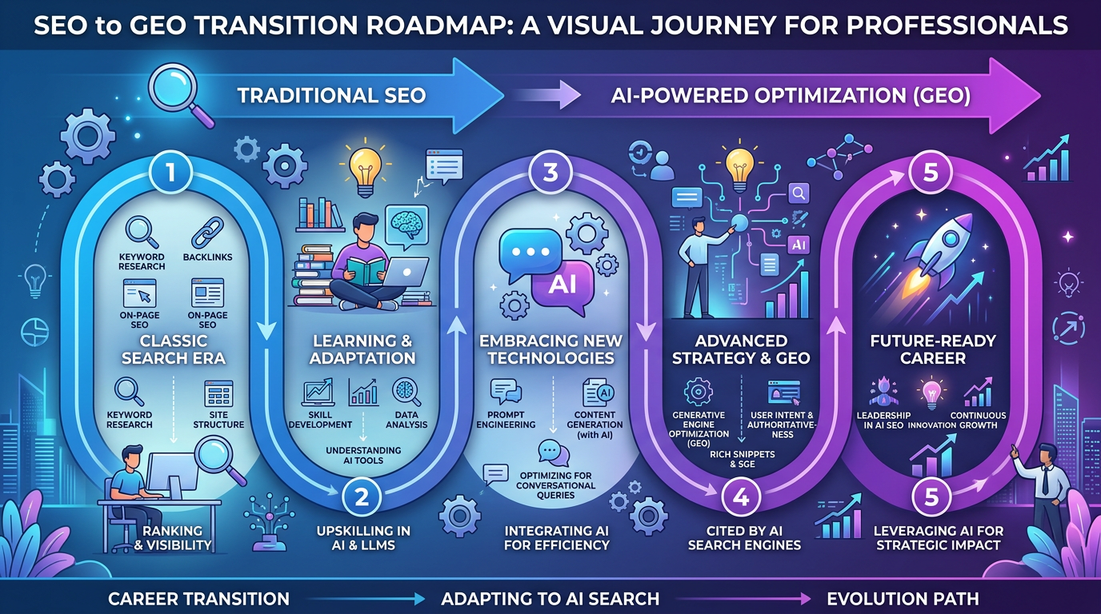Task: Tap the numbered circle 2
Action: (x=362, y=497)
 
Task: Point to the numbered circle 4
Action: (x=740, y=497)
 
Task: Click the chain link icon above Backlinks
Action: (x=206, y=233)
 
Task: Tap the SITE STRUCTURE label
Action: (x=218, y=419)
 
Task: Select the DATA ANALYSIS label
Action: (x=406, y=420)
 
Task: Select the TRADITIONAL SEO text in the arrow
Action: (x=331, y=96)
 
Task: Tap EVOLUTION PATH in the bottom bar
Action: (x=903, y=598)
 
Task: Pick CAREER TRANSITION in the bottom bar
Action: (x=198, y=598)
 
